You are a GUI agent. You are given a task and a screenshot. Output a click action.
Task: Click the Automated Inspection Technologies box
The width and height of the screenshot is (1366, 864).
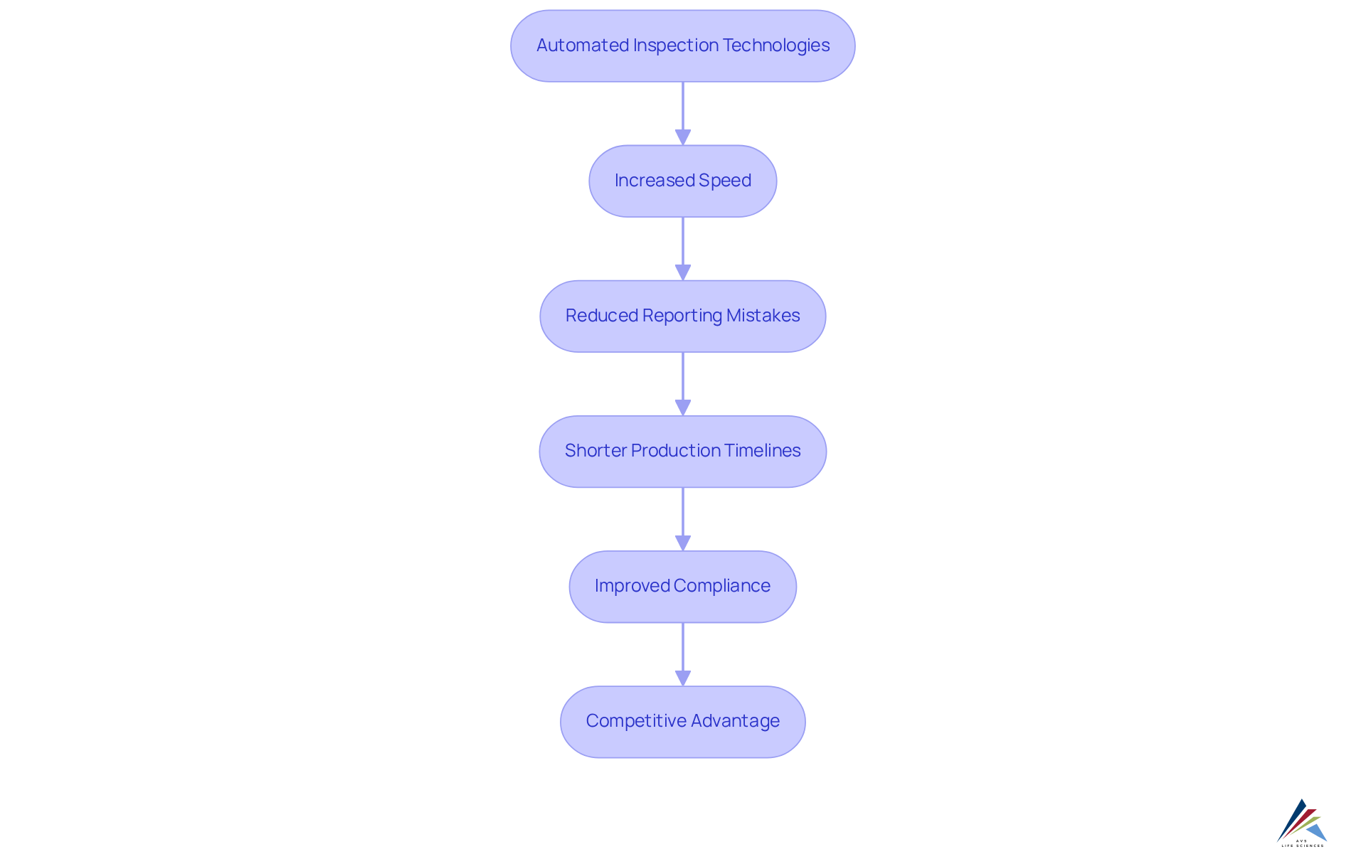pos(682,46)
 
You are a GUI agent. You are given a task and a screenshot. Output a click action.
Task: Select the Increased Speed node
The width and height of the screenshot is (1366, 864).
pos(682,181)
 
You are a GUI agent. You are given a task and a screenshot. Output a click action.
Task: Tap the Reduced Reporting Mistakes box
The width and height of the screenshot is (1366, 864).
pos(682,316)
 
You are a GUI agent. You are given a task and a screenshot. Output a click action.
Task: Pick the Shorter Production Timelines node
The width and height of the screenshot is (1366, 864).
pos(682,451)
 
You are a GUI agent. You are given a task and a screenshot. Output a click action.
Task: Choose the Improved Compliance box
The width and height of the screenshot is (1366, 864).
pos(682,586)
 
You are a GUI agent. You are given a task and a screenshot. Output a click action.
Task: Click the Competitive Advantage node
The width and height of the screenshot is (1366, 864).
pos(682,721)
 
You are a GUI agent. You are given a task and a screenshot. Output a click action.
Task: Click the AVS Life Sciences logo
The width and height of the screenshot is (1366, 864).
pos(1302,823)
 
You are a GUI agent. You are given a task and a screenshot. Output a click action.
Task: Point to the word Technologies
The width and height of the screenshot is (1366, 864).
pos(776,46)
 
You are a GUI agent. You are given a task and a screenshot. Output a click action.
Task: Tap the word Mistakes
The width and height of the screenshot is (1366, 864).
pos(763,316)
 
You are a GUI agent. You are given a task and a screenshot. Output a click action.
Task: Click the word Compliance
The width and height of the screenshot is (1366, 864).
pos(722,586)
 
